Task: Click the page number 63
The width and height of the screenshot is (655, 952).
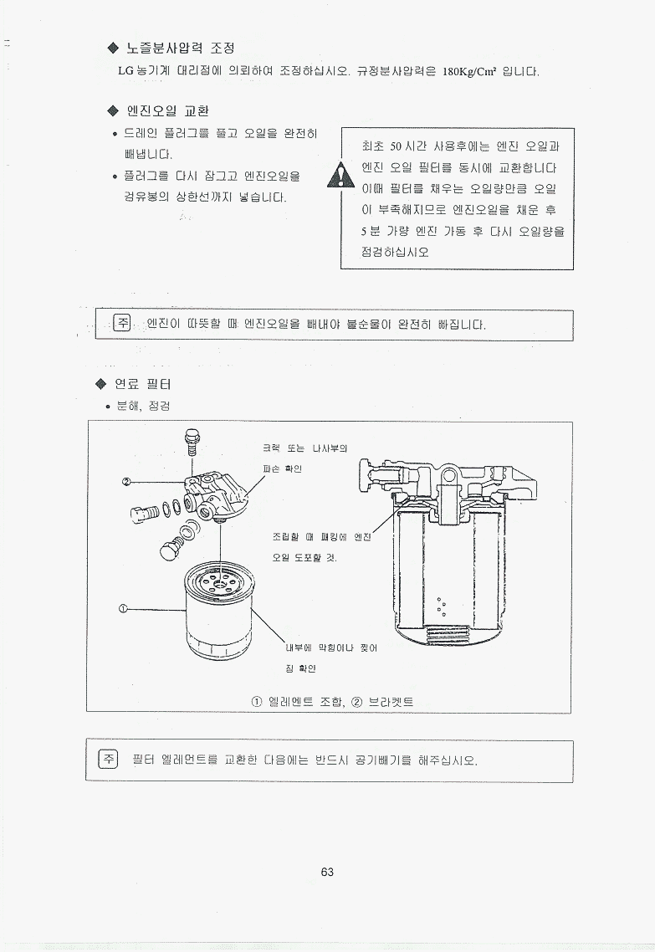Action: pyautogui.click(x=327, y=872)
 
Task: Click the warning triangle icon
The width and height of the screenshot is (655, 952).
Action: pyautogui.click(x=340, y=176)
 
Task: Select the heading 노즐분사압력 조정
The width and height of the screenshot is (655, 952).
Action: pyautogui.click(x=181, y=48)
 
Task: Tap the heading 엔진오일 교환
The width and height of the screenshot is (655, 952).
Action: pyautogui.click(x=167, y=110)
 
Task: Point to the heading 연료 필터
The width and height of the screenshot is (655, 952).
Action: pyautogui.click(x=143, y=384)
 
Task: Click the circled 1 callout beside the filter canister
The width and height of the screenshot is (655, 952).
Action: pyautogui.click(x=123, y=607)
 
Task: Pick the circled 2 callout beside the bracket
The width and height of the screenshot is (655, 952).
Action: pyautogui.click(x=126, y=482)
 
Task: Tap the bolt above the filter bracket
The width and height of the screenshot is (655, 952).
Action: pyautogui.click(x=192, y=441)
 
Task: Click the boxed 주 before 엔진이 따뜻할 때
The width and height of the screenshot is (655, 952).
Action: pyautogui.click(x=123, y=322)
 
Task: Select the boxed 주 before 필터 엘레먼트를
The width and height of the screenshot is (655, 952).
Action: pyautogui.click(x=109, y=760)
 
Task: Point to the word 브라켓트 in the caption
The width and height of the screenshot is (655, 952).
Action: pyautogui.click(x=391, y=702)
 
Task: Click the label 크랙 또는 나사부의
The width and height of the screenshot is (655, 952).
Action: pyautogui.click(x=304, y=448)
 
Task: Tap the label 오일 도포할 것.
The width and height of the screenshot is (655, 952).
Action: pyautogui.click(x=304, y=557)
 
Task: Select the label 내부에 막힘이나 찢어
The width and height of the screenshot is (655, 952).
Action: pyautogui.click(x=331, y=647)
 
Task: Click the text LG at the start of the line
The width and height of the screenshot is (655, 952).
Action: pyautogui.click(x=125, y=72)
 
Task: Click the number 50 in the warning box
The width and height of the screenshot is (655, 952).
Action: pyautogui.click(x=396, y=146)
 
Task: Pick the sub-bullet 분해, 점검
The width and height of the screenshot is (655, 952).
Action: pyautogui.click(x=143, y=406)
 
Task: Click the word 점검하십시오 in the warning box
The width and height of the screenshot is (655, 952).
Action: pyautogui.click(x=395, y=251)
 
